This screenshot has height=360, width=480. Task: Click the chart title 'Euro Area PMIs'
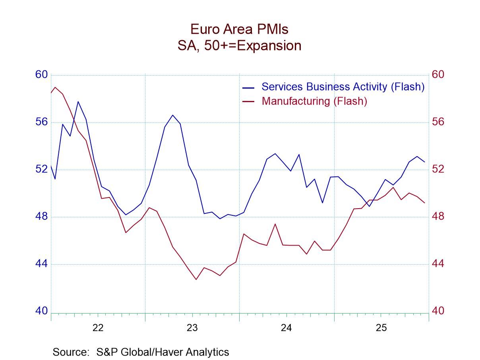[x=239, y=29]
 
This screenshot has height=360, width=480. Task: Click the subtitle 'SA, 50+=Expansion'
[x=239, y=45]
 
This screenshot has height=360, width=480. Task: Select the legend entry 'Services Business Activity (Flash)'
[x=343, y=87]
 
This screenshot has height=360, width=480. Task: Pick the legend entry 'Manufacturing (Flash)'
[x=314, y=101]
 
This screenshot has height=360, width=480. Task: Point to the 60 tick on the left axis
[x=41, y=75]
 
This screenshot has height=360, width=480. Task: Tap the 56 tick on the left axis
[x=41, y=122]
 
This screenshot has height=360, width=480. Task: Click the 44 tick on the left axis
[x=41, y=264]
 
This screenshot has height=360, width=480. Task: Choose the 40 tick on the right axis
[x=438, y=311]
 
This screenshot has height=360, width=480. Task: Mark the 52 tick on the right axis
[x=438, y=169]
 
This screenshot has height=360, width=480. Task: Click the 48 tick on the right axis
[x=438, y=217]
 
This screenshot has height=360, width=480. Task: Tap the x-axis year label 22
[x=98, y=328]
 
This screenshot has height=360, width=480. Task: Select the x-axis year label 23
[x=192, y=328]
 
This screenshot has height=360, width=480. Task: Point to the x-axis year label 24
[x=286, y=328]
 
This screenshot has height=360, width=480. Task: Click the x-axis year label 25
[x=381, y=328]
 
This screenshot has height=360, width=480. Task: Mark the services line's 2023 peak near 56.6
[x=172, y=115]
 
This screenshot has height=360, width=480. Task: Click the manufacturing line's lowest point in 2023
[x=196, y=279]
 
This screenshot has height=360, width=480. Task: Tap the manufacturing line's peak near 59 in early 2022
[x=55, y=87]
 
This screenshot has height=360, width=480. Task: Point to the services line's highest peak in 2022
[x=78, y=102]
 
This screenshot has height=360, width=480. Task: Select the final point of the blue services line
[x=424, y=162]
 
